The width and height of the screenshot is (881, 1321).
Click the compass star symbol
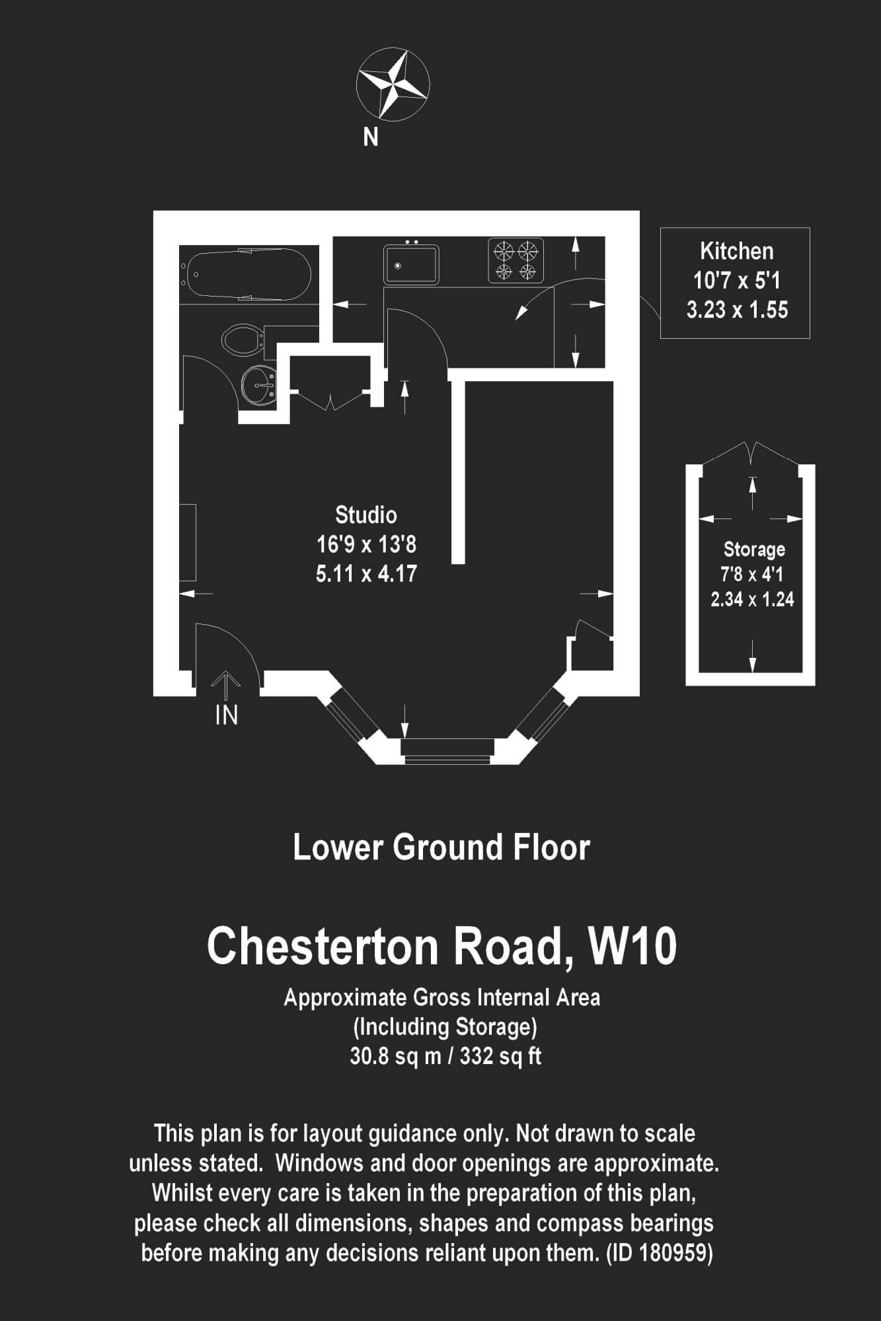pyautogui.click(x=393, y=83)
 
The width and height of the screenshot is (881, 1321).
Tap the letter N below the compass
pyautogui.click(x=371, y=137)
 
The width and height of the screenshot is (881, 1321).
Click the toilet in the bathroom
pyautogui.click(x=241, y=339)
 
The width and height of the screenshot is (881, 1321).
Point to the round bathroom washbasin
pyautogui.click(x=258, y=384)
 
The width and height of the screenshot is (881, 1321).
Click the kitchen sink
pyautogui.click(x=411, y=264)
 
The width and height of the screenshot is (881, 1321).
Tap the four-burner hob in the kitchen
pyautogui.click(x=516, y=260)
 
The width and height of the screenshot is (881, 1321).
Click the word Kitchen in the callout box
pyautogui.click(x=736, y=251)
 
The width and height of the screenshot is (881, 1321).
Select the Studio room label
pyautogui.click(x=366, y=515)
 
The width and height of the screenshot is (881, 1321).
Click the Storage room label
pyautogui.click(x=754, y=549)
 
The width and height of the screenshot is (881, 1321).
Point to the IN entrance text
pyautogui.click(x=227, y=715)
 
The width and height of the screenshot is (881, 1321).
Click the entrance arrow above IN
pyautogui.click(x=226, y=685)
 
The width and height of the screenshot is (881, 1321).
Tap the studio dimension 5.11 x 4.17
pyautogui.click(x=366, y=573)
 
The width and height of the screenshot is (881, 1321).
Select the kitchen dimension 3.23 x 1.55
pyautogui.click(x=737, y=310)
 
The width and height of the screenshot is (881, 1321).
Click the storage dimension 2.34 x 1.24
pyautogui.click(x=752, y=599)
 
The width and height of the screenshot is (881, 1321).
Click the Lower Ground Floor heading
pyautogui.click(x=441, y=848)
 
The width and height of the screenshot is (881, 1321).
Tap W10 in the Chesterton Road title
pyautogui.click(x=632, y=946)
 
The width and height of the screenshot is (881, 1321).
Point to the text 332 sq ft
pyautogui.click(x=500, y=1056)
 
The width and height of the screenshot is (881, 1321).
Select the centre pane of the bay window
pyautogui.click(x=447, y=751)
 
